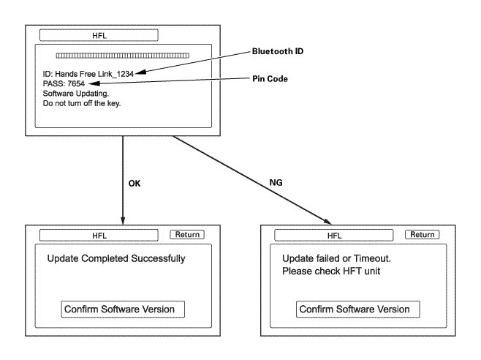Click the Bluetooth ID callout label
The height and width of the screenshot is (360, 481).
point(278,51)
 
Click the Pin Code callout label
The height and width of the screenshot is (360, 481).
point(270,78)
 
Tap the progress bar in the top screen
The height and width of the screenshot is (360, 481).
point(122,56)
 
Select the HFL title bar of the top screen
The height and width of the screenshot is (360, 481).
point(99,35)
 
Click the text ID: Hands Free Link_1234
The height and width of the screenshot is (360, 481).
point(88,74)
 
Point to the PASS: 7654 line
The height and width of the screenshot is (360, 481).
point(64,83)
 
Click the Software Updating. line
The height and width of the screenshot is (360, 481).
point(76,94)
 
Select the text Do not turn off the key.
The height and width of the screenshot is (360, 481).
point(82,103)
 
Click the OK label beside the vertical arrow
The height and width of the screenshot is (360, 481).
point(135,184)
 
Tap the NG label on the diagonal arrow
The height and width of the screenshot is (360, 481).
point(276,182)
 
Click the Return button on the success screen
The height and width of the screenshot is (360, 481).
point(187,235)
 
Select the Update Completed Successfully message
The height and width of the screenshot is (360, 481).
point(116,258)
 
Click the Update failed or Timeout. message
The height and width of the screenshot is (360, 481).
point(336,258)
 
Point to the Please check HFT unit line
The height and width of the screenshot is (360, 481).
point(331,271)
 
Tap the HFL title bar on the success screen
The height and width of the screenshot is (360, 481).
point(99,236)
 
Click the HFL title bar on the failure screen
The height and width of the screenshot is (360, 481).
point(334,236)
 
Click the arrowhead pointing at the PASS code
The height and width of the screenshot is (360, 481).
point(94,83)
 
